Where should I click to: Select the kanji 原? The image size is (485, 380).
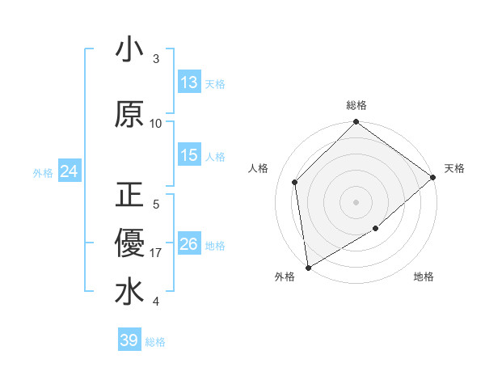[x=129, y=114]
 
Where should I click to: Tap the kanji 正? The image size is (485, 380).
[x=129, y=196]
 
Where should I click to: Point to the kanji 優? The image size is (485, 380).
[x=129, y=243]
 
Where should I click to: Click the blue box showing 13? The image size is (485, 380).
[x=189, y=82]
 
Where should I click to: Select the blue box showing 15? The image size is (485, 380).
[x=189, y=155]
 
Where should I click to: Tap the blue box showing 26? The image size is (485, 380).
[x=189, y=244]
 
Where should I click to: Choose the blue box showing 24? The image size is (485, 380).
[x=69, y=171]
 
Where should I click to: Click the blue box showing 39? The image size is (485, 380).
[x=129, y=340]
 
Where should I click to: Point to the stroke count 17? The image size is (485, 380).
[x=156, y=253]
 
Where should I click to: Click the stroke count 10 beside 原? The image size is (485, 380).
[x=156, y=123]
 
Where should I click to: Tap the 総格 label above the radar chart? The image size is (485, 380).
[x=356, y=105]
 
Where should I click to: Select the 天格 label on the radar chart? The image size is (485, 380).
[x=454, y=168]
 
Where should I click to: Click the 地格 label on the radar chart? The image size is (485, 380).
[x=424, y=277]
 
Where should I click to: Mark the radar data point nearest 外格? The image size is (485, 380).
[x=308, y=267]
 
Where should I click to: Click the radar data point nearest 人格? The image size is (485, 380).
[x=295, y=182]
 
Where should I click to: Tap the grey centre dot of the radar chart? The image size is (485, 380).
[x=356, y=201]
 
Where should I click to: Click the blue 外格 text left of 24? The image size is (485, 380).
[x=43, y=172]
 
